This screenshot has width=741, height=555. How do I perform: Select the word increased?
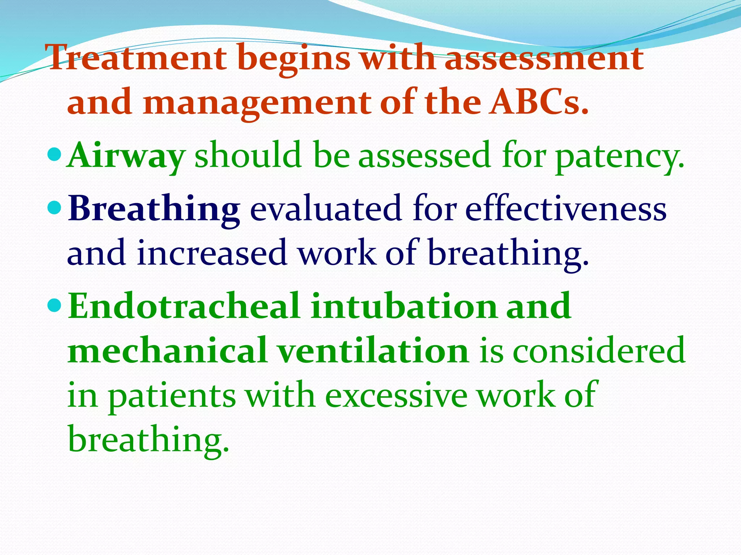(212, 253)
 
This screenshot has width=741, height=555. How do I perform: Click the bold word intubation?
(403, 306)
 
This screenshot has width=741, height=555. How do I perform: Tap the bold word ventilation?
(373, 350)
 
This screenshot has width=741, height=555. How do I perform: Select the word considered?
(599, 350)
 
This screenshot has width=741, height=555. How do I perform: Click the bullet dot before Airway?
(55, 155)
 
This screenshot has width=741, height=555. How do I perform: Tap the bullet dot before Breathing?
(55, 207)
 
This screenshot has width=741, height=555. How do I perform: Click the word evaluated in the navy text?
(326, 210)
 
